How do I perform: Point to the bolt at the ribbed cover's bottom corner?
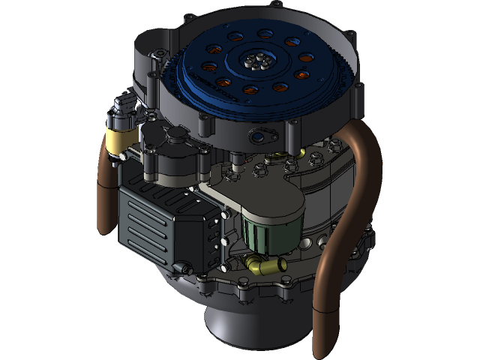[183, 268]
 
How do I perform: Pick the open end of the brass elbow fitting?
[280, 264]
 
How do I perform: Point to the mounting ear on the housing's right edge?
[358, 94]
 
